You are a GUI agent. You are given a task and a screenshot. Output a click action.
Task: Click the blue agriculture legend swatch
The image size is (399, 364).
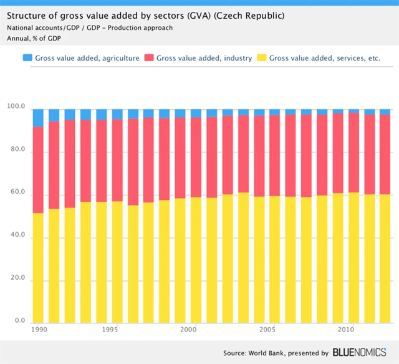pyautogui.click(x=27, y=58)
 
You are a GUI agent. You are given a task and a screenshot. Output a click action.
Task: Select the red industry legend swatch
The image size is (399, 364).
pyautogui.click(x=148, y=58)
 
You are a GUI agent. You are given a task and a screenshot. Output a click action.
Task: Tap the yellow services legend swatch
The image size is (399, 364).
pyautogui.click(x=261, y=58)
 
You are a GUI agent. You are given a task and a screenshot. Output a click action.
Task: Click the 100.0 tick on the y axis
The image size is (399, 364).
pyautogui.click(x=16, y=108)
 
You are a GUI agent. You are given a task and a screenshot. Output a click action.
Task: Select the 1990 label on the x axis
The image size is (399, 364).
pyautogui.click(x=39, y=329)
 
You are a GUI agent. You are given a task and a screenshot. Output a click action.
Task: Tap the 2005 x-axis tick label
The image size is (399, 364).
pyautogui.click(x=268, y=329)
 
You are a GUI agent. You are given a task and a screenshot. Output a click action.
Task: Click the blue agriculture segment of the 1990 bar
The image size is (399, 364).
pyautogui.click(x=38, y=117)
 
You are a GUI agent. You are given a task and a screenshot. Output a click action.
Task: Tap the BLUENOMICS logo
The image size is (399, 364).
pyautogui.click(x=361, y=352)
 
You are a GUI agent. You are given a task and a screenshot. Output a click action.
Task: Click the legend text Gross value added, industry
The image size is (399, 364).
pyautogui.click(x=204, y=58)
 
